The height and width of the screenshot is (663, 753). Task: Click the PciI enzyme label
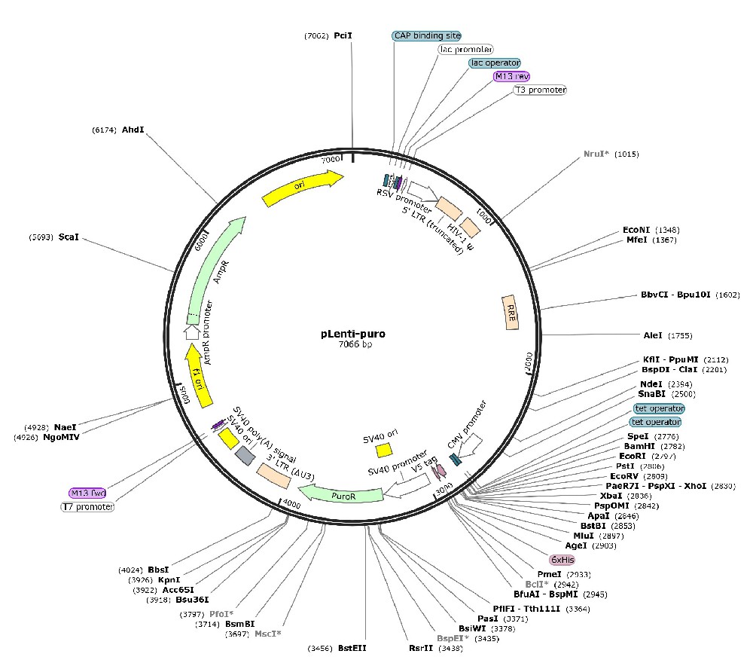pyautogui.click(x=343, y=35)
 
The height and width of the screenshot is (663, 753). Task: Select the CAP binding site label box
pyautogui.click(x=427, y=35)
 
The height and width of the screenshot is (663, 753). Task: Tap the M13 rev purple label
pyautogui.click(x=512, y=76)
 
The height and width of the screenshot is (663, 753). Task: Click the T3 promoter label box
pyautogui.click(x=540, y=90)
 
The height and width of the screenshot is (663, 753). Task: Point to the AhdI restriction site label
pyautogui.click(x=133, y=130)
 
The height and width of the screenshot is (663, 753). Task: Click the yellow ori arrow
pyautogui.click(x=301, y=188)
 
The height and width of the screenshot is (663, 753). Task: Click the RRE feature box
pyautogui.click(x=511, y=311)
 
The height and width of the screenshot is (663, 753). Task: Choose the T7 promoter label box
pyautogui.click(x=87, y=507)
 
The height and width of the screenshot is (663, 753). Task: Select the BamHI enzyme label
pyautogui.click(x=617, y=446)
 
